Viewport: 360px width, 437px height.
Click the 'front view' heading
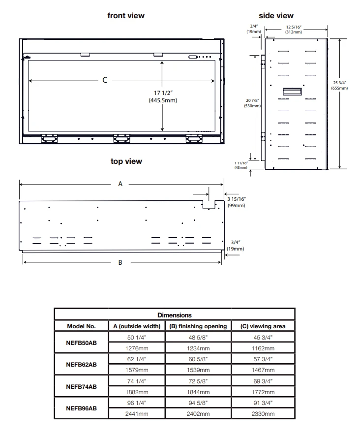tap(126, 16)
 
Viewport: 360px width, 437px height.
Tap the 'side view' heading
tap(276, 16)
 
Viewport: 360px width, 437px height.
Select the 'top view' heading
tap(126, 161)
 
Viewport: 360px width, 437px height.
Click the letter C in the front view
tap(105, 80)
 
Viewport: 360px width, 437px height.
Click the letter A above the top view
tap(120, 184)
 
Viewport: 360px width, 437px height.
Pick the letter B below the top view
tap(120, 262)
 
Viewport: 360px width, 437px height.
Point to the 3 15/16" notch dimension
tap(237, 202)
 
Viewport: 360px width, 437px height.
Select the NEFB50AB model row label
tap(81, 343)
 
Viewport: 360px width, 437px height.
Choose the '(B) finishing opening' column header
tap(198, 326)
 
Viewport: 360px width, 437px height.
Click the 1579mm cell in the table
tap(137, 370)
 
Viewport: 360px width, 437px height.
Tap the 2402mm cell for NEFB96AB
tap(198, 414)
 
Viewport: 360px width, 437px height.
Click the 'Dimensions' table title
tap(174, 315)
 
